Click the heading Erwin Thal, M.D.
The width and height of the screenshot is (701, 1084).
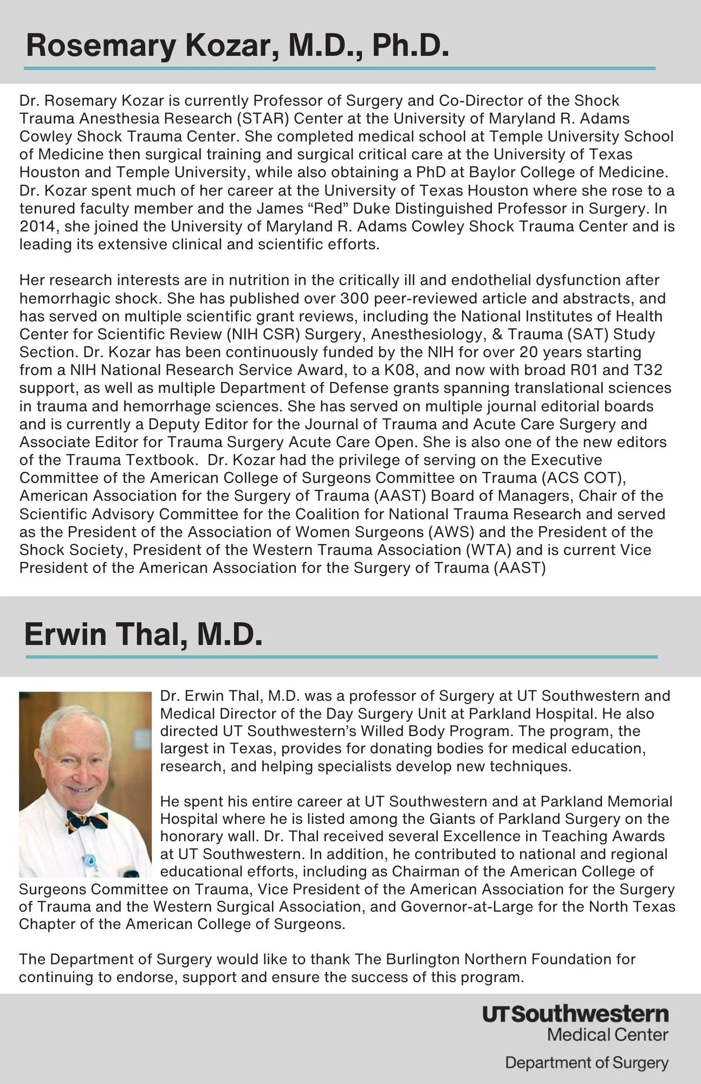[x=143, y=634]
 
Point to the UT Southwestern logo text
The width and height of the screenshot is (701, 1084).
[x=575, y=1014]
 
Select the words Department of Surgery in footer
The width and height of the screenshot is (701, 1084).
[x=586, y=1063]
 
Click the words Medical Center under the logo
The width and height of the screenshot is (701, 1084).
[x=607, y=1035]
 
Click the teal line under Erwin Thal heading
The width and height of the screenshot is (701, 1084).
[x=341, y=657]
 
